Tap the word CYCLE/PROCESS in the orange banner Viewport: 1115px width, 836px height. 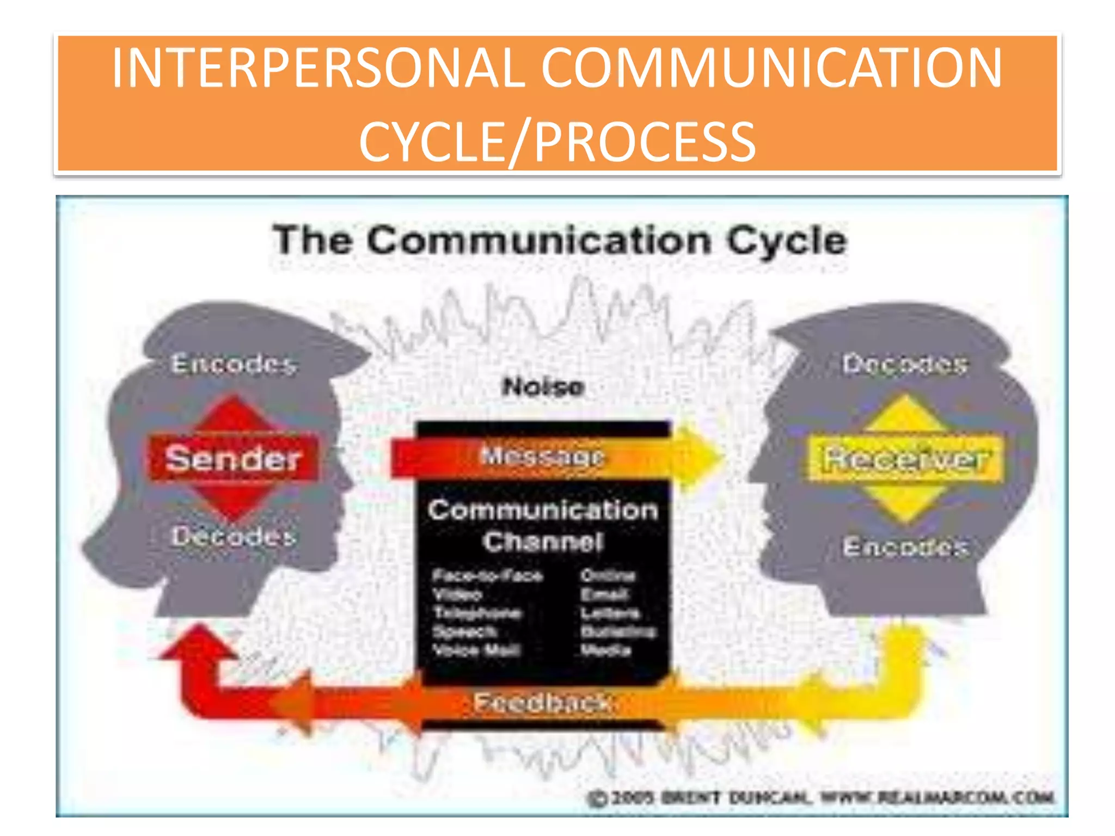click(x=557, y=142)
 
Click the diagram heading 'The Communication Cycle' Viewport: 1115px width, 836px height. click(x=560, y=241)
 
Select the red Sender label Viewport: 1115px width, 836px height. click(x=233, y=458)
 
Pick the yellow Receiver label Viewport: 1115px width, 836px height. click(x=905, y=459)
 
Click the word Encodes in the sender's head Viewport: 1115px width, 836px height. click(x=234, y=364)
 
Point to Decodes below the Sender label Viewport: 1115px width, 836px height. click(x=234, y=537)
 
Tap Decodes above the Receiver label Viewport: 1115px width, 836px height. click(x=905, y=364)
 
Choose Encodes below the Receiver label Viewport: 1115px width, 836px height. click(x=905, y=546)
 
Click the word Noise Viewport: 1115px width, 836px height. click(x=543, y=387)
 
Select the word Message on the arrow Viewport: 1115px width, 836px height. click(x=542, y=456)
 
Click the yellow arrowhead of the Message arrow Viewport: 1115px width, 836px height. click(x=700, y=457)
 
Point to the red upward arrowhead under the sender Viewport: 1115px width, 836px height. click(x=198, y=642)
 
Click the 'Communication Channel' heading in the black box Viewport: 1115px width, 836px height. click(x=543, y=526)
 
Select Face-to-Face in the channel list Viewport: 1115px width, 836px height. click(x=488, y=576)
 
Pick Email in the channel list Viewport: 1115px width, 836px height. click(x=604, y=594)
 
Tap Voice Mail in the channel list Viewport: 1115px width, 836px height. click(x=477, y=650)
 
